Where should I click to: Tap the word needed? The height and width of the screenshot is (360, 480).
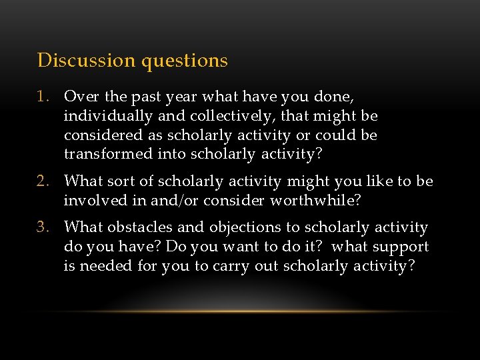tap(103, 267)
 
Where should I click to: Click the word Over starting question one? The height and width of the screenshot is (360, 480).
tap(80, 97)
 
